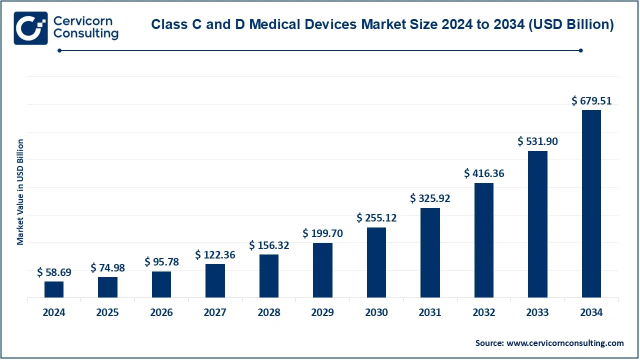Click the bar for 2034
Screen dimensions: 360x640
[591, 203]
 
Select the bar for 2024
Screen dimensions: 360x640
[54, 289]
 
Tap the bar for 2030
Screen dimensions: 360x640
[376, 262]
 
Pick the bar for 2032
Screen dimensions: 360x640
[484, 240]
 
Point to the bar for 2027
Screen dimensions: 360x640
[215, 280]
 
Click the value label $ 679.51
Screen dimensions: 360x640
[591, 101]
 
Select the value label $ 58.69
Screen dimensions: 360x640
[54, 272]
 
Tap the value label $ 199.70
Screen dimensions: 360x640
[322, 233]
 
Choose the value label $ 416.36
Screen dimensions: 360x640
[484, 173]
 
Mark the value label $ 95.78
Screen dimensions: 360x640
[161, 262]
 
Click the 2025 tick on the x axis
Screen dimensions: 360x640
[107, 312]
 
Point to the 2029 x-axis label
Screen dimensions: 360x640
[322, 312]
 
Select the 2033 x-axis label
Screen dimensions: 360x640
[537, 312]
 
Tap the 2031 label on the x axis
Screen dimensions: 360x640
[430, 312]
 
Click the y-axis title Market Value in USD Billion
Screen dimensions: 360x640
[20, 192]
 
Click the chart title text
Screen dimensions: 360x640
[382, 24]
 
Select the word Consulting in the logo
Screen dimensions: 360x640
[86, 34]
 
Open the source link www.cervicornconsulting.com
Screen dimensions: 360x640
[565, 343]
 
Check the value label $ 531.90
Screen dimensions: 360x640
[537, 141]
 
